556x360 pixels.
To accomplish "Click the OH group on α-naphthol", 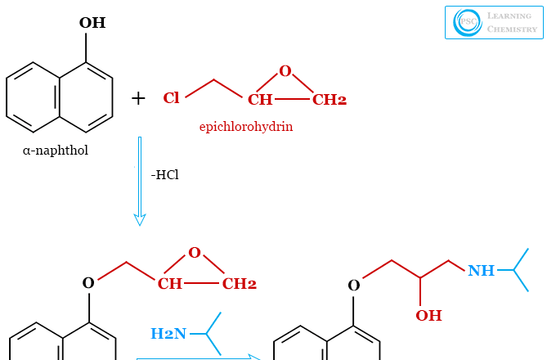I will coord(92,23).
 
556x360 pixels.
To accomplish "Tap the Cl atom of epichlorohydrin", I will coord(171,98).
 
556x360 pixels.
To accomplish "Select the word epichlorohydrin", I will coord(246,127).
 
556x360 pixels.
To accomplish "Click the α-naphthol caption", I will coord(56,151).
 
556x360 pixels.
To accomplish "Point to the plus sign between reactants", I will coord(138,99).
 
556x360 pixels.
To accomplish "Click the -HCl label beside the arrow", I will coord(164,174).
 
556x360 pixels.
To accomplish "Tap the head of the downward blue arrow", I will coord(140,219).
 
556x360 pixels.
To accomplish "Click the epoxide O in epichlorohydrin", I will coord(285,71).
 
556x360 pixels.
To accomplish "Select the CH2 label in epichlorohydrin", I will coord(330,100).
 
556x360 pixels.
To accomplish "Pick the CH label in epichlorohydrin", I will coord(260,100).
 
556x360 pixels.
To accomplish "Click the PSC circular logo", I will coord(468,22).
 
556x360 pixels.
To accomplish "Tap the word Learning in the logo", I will coord(509,16).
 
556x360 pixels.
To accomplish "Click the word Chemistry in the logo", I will coord(513,29).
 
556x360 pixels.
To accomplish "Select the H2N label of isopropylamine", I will coord(168,333).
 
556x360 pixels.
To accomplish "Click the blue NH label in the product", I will coord(481,271).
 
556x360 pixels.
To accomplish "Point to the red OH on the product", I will coord(428,315).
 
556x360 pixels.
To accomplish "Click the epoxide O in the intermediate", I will coord(194,253).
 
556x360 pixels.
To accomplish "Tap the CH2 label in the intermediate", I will coord(240,284).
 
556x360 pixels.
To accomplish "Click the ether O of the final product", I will coord(353,286).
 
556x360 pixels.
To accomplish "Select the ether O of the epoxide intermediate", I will coord(88,284).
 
